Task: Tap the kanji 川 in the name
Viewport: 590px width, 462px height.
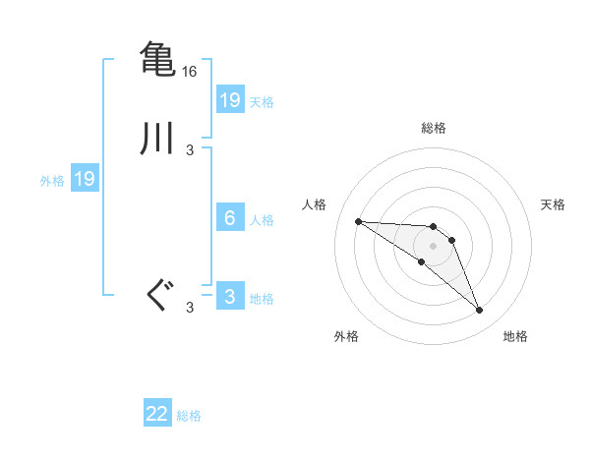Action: pos(157,139)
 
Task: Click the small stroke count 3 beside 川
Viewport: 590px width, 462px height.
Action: pos(190,150)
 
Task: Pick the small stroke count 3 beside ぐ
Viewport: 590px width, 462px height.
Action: pos(190,308)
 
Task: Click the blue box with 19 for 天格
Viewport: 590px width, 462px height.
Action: pos(229,100)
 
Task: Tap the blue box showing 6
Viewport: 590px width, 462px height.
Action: pos(229,218)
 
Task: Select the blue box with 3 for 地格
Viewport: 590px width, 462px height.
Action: pos(229,297)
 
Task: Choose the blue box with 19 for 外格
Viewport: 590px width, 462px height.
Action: pos(84,179)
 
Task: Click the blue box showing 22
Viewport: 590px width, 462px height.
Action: pos(157,414)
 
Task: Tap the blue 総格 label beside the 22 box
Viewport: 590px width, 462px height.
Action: pos(189,416)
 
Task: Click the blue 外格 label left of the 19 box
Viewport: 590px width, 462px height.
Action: pos(52,181)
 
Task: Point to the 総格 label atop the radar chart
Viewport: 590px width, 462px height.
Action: pos(434,128)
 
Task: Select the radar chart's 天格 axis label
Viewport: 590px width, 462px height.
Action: pos(553,204)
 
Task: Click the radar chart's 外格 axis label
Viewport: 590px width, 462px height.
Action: pos(346,336)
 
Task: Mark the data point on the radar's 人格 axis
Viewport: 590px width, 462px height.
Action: pos(358,221)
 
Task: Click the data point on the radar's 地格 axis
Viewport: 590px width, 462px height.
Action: pos(480,311)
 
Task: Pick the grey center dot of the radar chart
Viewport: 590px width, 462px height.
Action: pos(434,246)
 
